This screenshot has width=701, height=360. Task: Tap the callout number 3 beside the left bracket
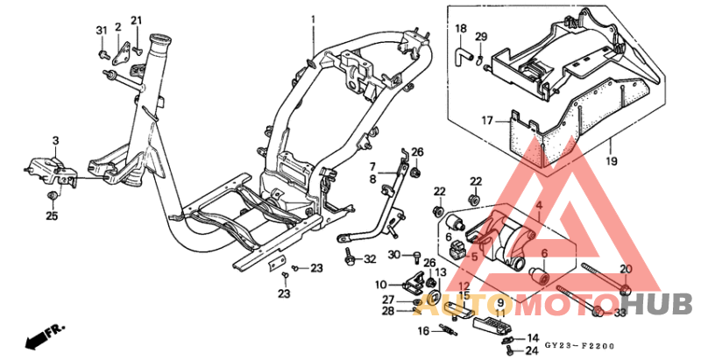click(x=55, y=140)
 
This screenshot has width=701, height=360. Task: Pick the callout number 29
click(x=480, y=36)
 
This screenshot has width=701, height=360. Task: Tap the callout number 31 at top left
click(x=101, y=31)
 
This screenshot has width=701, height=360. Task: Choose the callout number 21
click(x=136, y=21)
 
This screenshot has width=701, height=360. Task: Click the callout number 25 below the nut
click(x=52, y=215)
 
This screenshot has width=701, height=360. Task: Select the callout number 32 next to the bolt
click(x=370, y=259)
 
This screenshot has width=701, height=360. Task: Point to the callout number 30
click(x=393, y=255)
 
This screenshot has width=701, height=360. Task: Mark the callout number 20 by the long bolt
click(x=625, y=269)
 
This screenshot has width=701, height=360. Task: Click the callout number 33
click(x=619, y=312)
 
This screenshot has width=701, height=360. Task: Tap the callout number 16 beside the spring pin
click(x=422, y=330)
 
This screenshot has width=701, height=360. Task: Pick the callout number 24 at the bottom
click(x=531, y=351)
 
